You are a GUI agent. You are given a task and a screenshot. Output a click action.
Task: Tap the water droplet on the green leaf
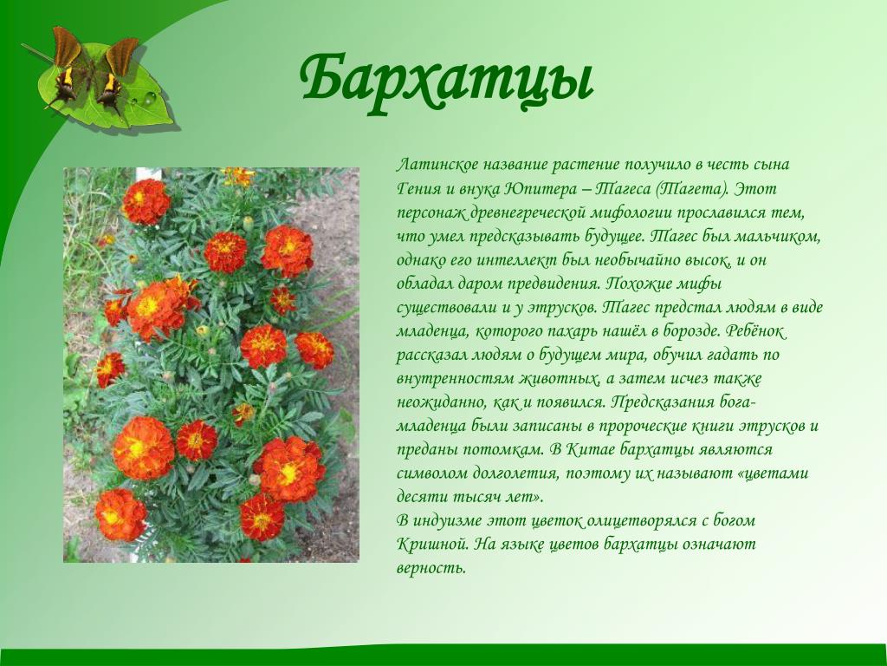tap(149, 99)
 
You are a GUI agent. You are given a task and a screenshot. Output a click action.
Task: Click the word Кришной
tap(432, 545)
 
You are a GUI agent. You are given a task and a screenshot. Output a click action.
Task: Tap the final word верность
tap(431, 568)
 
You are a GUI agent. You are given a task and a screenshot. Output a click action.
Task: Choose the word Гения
tap(417, 188)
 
